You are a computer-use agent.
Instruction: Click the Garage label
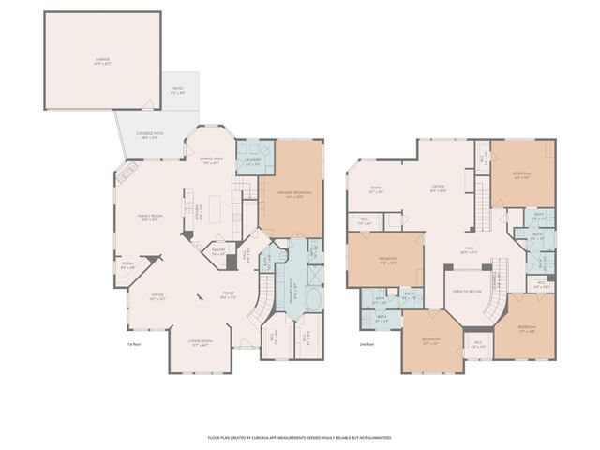coord(102,61)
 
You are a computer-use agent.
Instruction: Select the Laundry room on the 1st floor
coord(250,162)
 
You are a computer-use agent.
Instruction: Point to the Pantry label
coord(218,251)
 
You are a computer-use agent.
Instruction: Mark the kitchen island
coord(215,205)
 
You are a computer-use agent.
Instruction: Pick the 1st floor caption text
coord(134,344)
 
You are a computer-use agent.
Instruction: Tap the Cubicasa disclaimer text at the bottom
coord(299,437)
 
